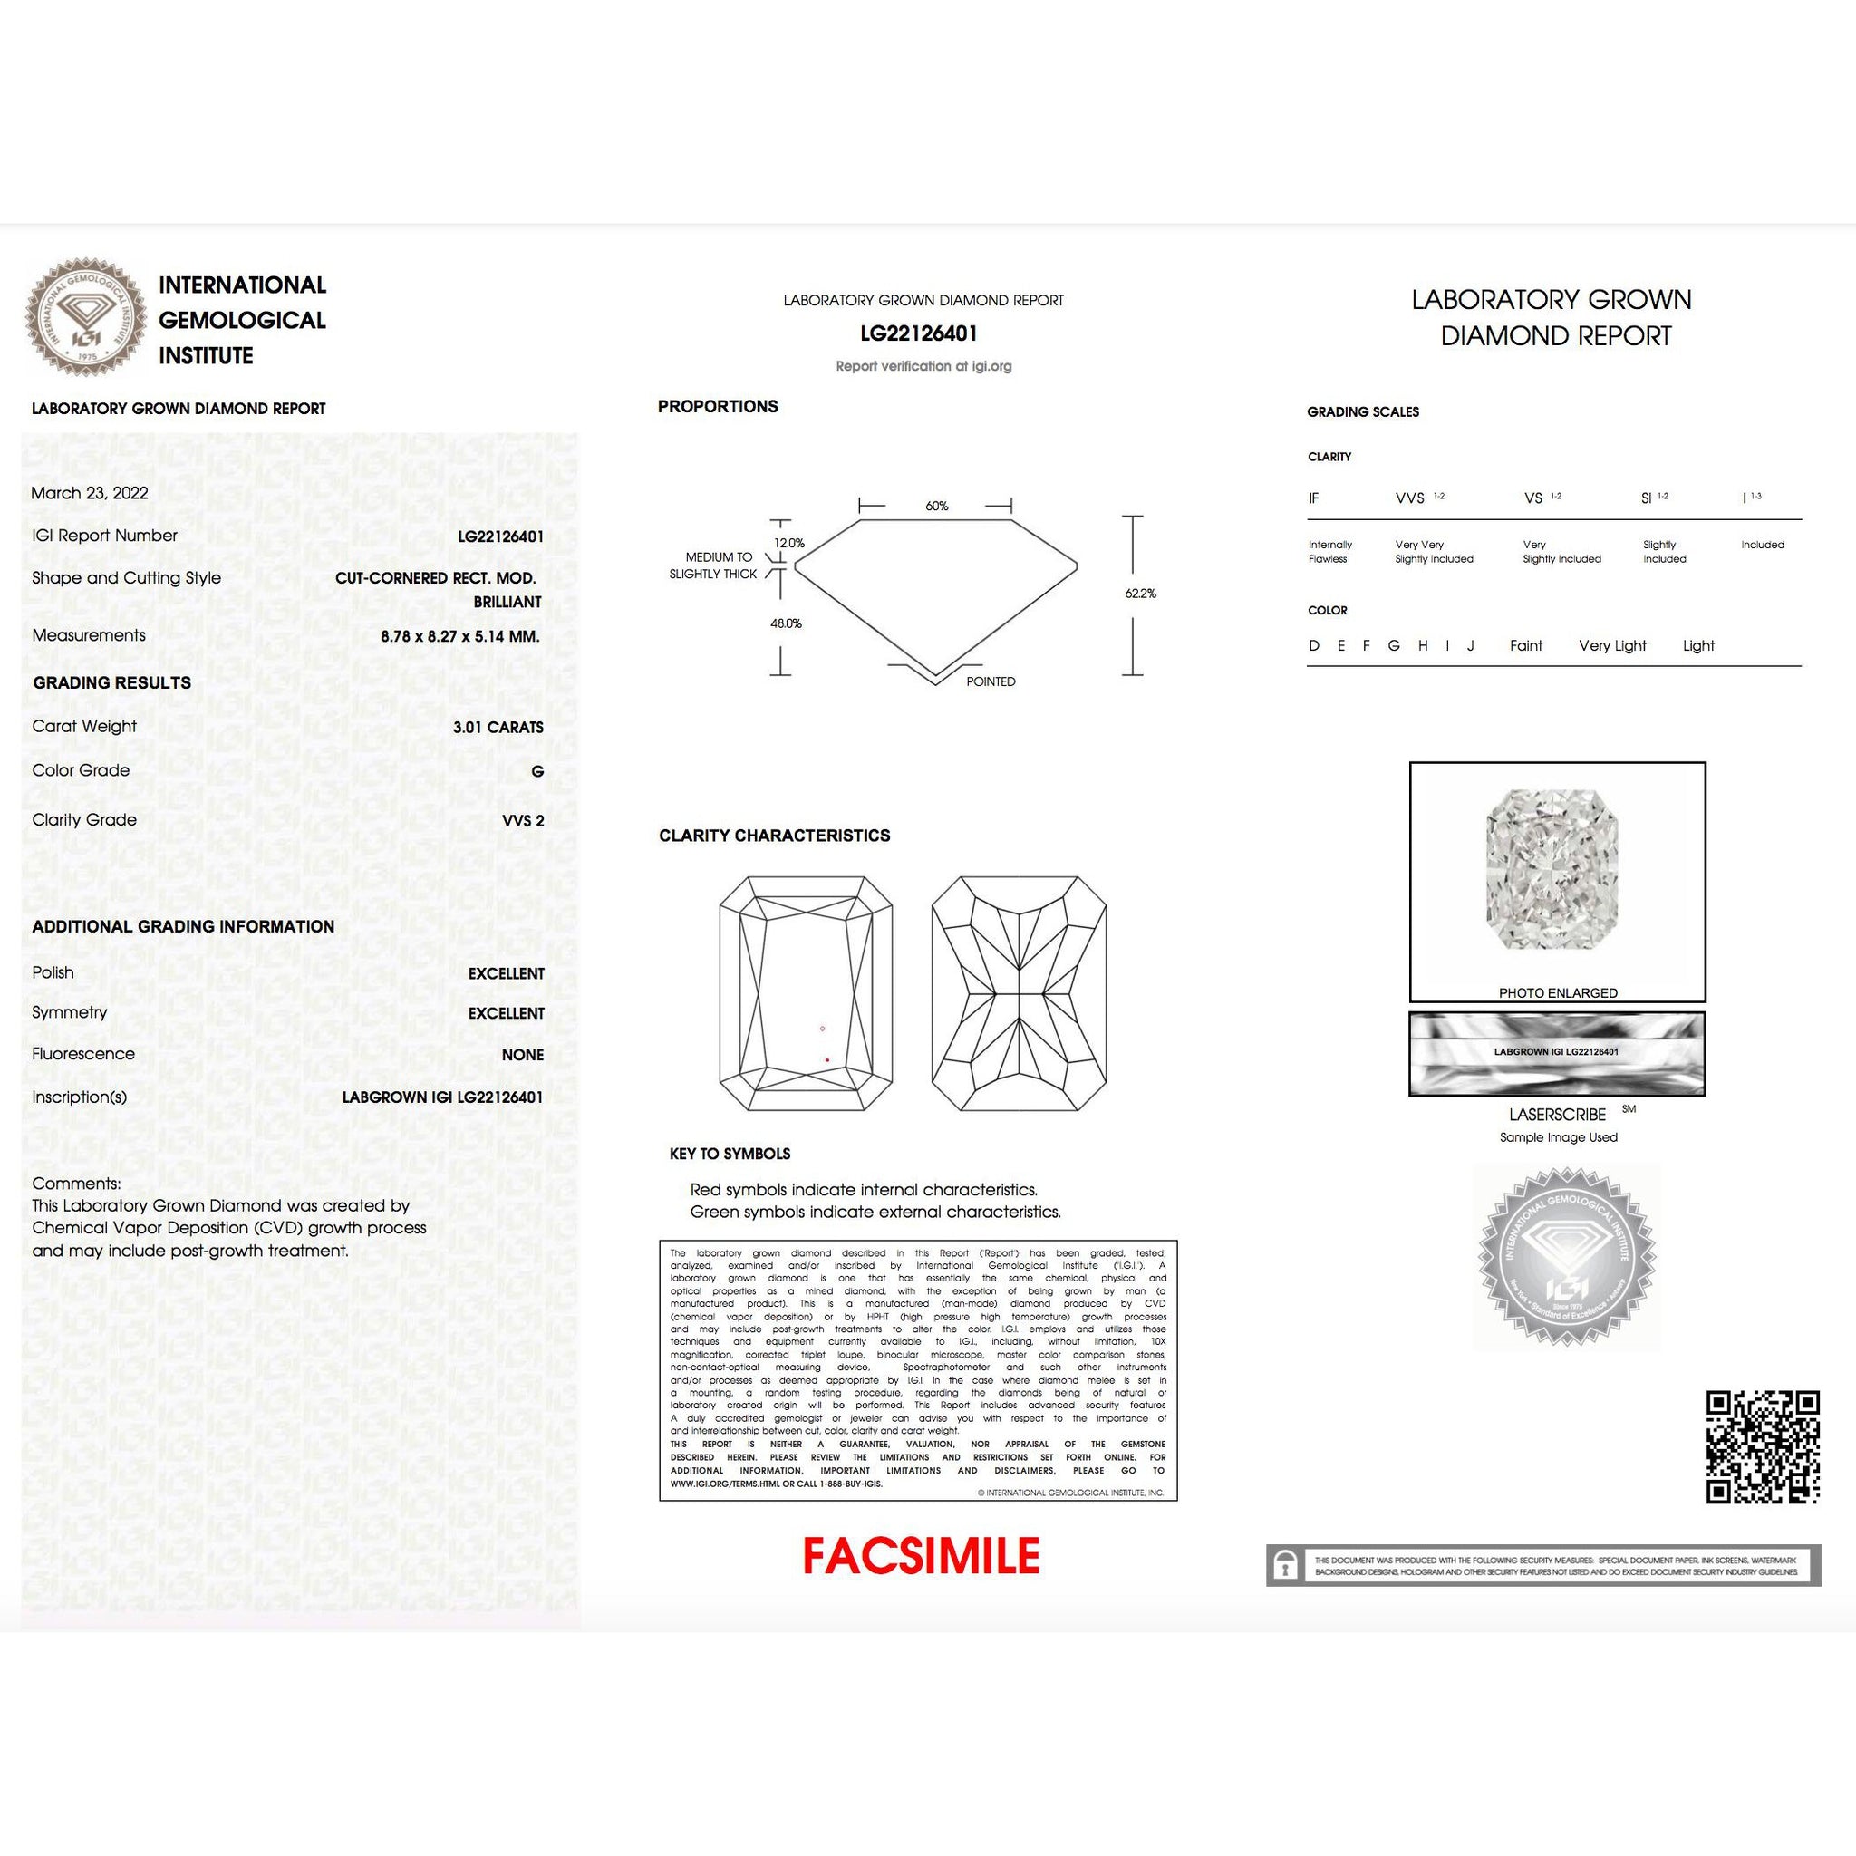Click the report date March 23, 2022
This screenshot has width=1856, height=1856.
[90, 493]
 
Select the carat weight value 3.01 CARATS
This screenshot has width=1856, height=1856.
[498, 727]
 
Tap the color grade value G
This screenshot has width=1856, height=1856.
[537, 771]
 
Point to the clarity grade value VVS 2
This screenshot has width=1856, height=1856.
[523, 820]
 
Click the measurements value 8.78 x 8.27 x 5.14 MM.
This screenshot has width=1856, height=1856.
[460, 636]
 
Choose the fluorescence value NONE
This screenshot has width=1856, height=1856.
[522, 1055]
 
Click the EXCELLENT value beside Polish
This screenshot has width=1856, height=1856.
[506, 974]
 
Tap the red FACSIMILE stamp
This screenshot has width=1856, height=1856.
[921, 1556]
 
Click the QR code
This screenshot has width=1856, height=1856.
[1763, 1446]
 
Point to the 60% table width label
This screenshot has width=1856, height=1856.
[937, 507]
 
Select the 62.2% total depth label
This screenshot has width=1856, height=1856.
[1140, 594]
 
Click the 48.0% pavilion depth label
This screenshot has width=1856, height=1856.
[786, 623]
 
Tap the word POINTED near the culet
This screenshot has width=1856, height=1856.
[991, 682]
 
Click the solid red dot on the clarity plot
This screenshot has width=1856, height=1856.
[827, 1059]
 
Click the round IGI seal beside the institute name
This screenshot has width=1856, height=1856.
[85, 316]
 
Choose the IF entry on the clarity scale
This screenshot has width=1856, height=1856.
[1313, 498]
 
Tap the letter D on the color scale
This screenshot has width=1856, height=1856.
[1313, 645]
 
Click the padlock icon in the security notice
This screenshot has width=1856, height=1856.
[1284, 1566]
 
